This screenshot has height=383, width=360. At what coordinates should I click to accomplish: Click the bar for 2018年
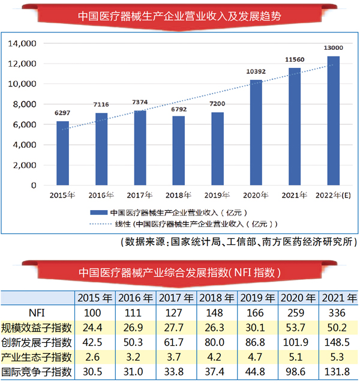coord(178,151)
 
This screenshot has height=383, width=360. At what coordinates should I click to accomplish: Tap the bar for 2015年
coord(62,153)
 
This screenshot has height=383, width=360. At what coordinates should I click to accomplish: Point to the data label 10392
coord(256,71)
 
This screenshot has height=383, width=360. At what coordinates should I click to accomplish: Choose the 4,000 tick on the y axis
coord(26,145)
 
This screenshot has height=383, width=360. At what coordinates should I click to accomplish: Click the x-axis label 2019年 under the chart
coord(217,195)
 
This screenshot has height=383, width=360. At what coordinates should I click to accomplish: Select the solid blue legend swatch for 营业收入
coord(98,213)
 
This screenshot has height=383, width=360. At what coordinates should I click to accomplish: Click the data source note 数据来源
coord(238,243)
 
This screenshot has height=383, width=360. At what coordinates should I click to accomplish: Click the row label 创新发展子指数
coord(37,342)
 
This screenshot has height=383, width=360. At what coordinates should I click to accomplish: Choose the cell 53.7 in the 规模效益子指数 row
coord(299,328)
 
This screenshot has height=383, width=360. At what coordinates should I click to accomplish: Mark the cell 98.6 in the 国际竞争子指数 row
coord(299,372)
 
